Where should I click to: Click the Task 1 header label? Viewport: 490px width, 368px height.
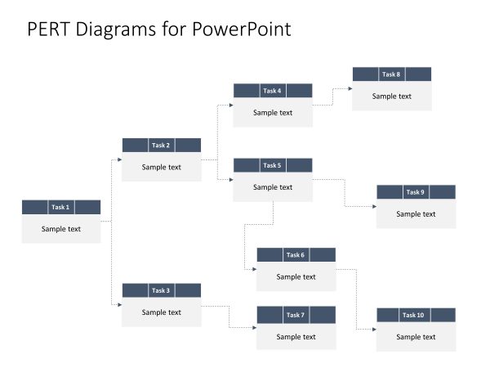[x=61, y=207]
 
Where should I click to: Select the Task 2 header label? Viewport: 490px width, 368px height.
[x=162, y=145]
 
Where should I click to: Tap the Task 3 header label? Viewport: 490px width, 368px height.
[x=162, y=290]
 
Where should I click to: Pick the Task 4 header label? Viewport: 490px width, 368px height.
[x=273, y=91]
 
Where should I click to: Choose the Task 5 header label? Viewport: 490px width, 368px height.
[x=273, y=165]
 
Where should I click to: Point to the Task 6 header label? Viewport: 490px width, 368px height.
[x=296, y=255]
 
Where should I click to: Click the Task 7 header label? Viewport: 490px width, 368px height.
[x=296, y=315]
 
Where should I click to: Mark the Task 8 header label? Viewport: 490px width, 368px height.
[x=392, y=74]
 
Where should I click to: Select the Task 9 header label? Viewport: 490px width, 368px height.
[x=416, y=192]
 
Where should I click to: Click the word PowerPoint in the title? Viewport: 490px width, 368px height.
[x=242, y=29]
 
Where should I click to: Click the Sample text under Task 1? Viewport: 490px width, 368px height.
[x=61, y=229]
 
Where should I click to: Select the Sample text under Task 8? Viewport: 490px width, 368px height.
[x=392, y=96]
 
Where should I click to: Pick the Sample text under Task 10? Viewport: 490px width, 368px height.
[x=416, y=337]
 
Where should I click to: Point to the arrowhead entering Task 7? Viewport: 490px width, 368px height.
[x=254, y=328]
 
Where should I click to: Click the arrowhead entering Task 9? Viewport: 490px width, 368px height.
[x=374, y=206]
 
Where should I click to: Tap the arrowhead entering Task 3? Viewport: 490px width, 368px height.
[x=119, y=304]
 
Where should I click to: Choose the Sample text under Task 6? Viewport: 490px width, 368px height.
[x=296, y=276]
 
